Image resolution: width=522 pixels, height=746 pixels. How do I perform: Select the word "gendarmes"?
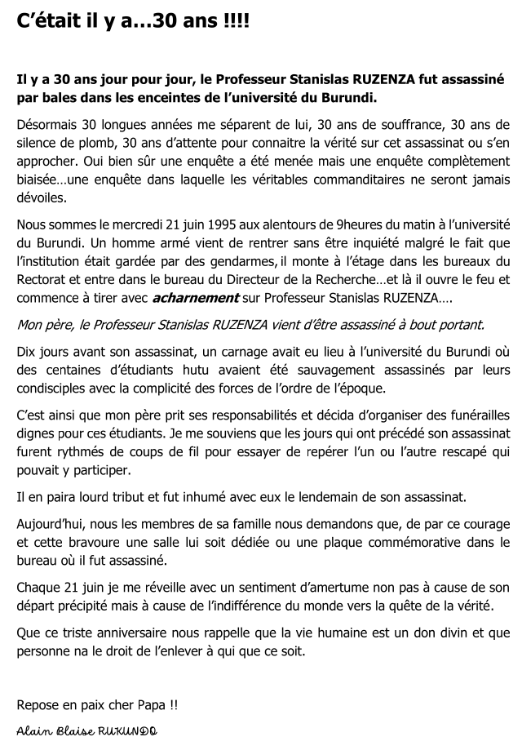click(313, 261)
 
